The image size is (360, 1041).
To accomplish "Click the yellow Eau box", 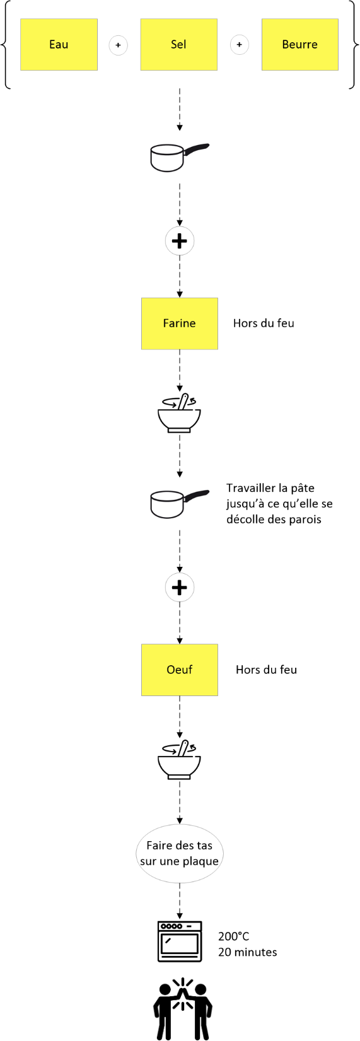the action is point(59,45).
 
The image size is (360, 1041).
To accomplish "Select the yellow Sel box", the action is point(179,45).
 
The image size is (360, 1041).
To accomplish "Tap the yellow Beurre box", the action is point(300,45).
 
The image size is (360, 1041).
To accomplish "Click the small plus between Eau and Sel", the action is point(118,45).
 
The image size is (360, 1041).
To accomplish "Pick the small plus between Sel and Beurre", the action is point(239,45).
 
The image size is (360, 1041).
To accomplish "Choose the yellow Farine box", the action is point(180,323).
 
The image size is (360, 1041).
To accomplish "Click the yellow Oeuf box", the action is point(180,670).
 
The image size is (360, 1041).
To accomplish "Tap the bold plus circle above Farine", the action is point(180,241).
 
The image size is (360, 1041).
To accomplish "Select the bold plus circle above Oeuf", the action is point(180,588).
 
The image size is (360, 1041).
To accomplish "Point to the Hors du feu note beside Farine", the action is point(264,323).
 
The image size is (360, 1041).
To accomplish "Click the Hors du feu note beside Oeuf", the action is point(267,670).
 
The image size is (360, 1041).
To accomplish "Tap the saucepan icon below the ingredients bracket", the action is point(180,158).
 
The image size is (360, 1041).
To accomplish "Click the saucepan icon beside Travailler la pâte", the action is point(180,504).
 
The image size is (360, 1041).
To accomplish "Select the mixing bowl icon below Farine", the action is point(179,413).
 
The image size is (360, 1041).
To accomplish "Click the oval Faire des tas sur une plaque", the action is point(180,853).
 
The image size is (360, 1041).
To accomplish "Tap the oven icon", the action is point(180,941).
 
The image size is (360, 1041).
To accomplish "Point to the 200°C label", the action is point(234,936).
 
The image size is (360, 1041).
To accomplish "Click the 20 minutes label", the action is point(248,952).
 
